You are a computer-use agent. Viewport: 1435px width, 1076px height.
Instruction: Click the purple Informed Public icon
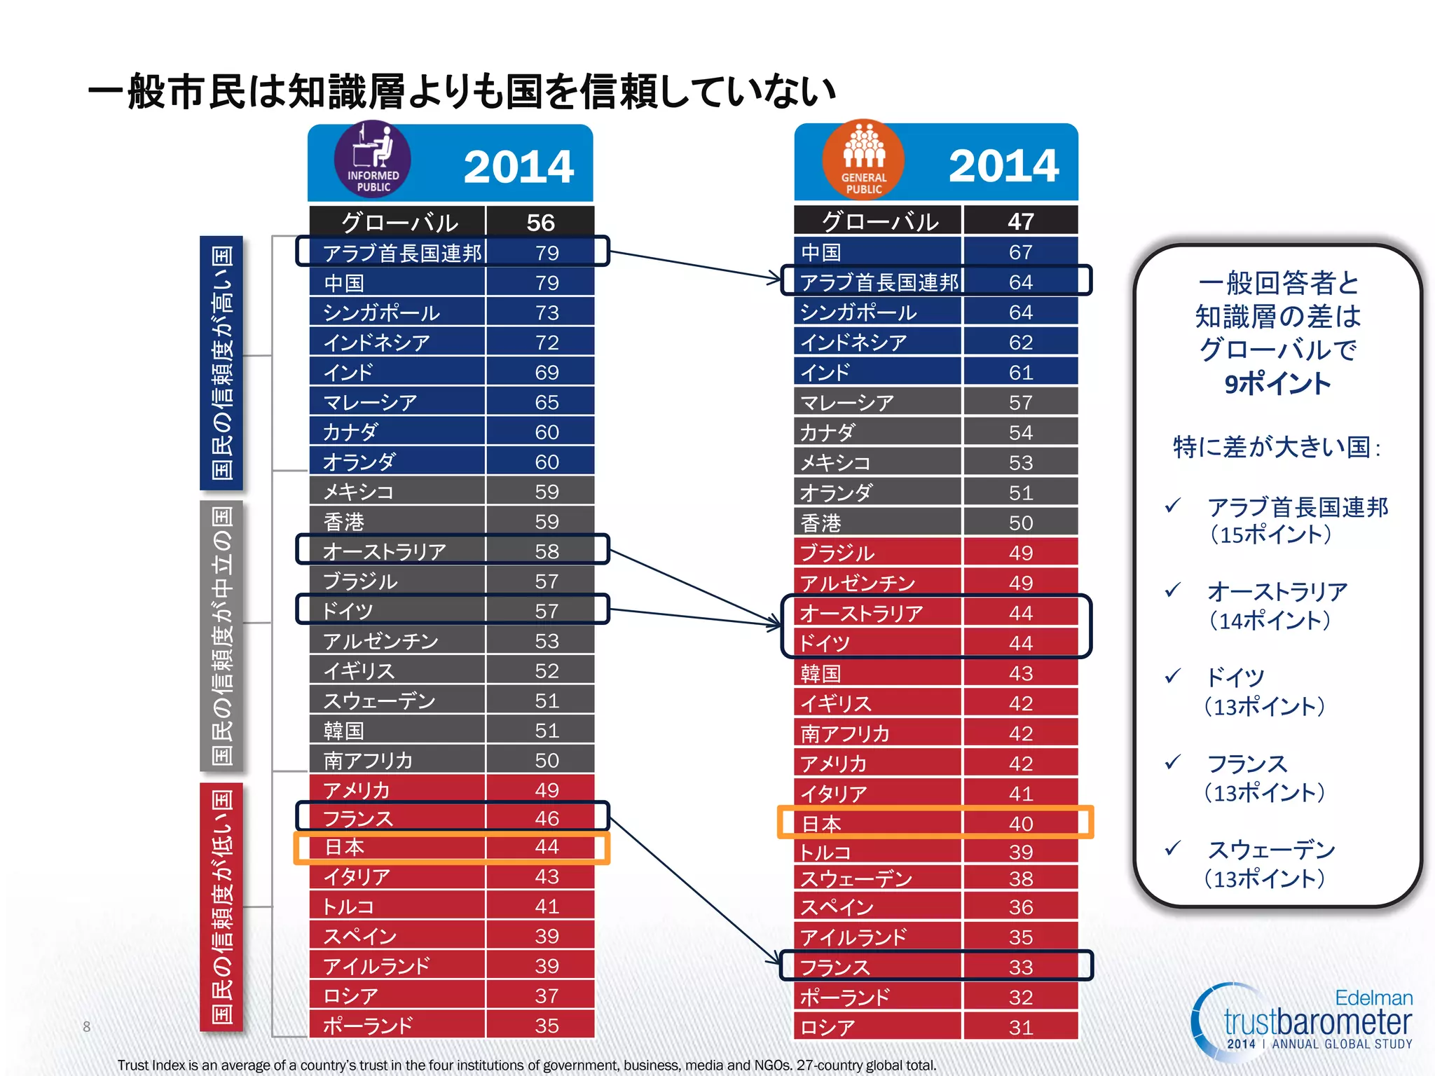(372, 160)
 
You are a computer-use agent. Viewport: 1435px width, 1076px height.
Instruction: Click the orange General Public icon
(863, 160)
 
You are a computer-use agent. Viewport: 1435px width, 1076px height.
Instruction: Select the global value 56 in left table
(540, 222)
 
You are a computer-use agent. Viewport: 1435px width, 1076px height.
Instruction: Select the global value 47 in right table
(1020, 221)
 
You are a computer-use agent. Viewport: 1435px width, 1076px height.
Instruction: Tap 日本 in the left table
(344, 847)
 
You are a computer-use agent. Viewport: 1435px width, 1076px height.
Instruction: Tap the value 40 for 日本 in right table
(1020, 823)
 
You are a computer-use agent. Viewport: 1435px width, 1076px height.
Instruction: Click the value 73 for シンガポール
(547, 312)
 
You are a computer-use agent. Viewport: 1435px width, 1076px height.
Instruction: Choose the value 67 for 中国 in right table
(1020, 252)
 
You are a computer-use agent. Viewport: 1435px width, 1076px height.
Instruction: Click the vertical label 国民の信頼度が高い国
(221, 362)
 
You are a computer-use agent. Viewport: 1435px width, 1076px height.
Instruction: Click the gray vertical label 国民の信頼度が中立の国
(221, 635)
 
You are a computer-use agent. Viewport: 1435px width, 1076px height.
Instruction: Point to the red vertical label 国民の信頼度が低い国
(221, 906)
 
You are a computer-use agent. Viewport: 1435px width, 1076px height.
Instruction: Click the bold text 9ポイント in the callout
(1277, 384)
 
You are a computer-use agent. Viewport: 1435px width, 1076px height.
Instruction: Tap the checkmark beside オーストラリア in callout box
(1172, 591)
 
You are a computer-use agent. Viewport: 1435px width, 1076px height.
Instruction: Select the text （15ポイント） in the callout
(1270, 535)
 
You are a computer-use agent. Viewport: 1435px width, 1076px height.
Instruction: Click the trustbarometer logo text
(1317, 1022)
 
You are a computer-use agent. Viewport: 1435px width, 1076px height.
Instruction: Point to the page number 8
(86, 1026)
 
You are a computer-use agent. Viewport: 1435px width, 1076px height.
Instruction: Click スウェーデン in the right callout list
(1271, 850)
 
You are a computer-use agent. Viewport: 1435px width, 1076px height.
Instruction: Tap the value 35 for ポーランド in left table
(547, 1026)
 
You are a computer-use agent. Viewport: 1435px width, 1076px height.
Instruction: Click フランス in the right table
(835, 967)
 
